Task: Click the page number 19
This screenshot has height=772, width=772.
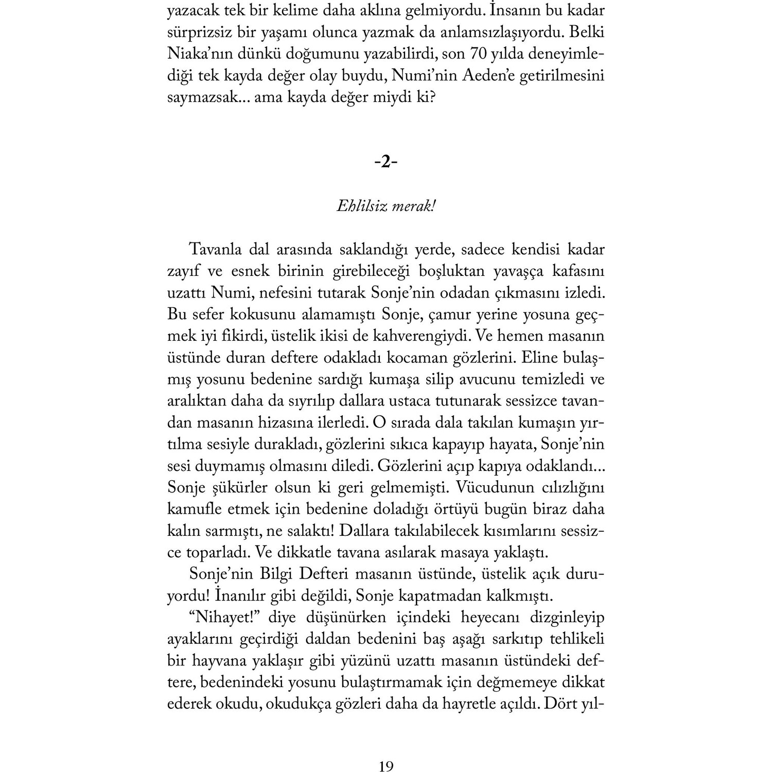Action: (x=386, y=752)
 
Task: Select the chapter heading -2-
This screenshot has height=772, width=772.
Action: (x=386, y=163)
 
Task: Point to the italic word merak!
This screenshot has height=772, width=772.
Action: (x=414, y=206)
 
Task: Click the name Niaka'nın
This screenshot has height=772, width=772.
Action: (x=201, y=54)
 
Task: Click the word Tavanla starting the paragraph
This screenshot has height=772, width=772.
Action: (x=216, y=250)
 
